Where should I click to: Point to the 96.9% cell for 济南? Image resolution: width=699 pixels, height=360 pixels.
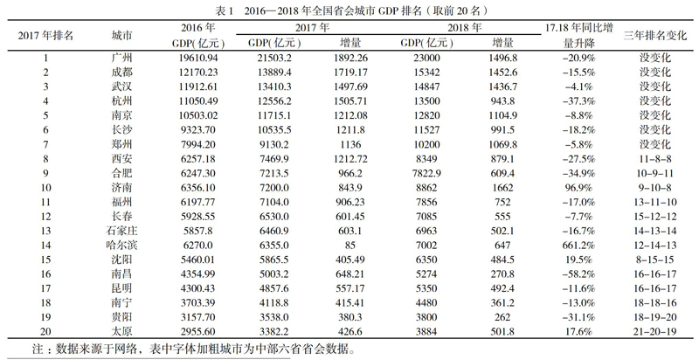pyautogui.click(x=579, y=188)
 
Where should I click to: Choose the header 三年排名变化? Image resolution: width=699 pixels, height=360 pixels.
pyautogui.click(x=654, y=36)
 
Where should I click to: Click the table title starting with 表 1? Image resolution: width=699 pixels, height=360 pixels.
pyautogui.click(x=349, y=10)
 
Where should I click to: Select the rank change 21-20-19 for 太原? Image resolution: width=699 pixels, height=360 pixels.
pyautogui.click(x=654, y=332)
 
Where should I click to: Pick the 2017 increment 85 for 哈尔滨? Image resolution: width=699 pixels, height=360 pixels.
pyautogui.click(x=351, y=246)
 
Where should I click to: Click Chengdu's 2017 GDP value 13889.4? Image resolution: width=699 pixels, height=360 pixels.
pyautogui.click(x=274, y=73)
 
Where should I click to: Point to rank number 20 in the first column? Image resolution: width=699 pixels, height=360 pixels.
pyautogui.click(x=45, y=332)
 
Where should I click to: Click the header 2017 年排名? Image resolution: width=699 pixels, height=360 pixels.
pyautogui.click(x=45, y=36)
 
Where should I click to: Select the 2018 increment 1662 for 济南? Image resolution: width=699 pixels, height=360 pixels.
pyautogui.click(x=503, y=188)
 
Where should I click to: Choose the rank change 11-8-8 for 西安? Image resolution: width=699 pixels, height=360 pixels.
pyautogui.click(x=654, y=159)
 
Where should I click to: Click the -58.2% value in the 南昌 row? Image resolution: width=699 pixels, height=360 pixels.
pyautogui.click(x=579, y=274)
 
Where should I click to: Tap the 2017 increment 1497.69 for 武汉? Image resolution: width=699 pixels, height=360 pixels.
pyautogui.click(x=351, y=87)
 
